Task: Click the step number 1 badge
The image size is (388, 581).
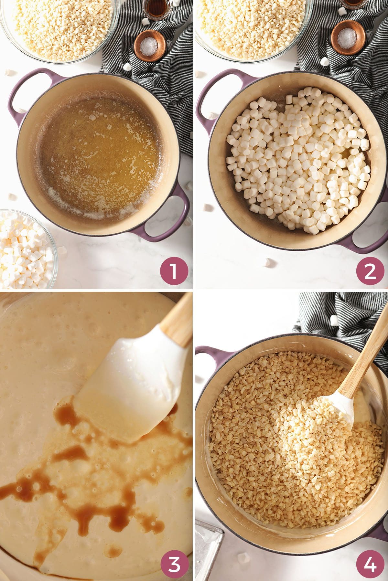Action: (x=174, y=270)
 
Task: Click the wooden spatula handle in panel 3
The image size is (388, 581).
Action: (x=178, y=320)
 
